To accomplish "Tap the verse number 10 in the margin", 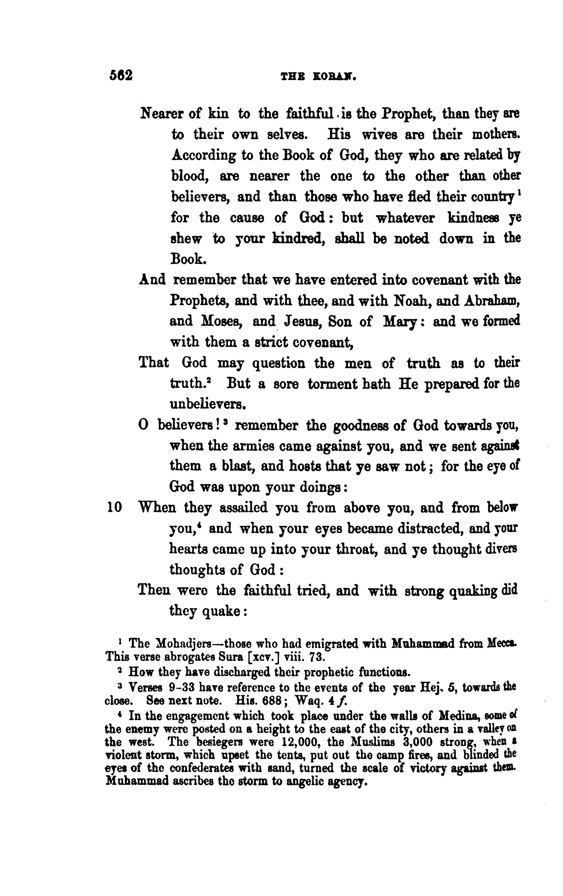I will (x=115, y=508).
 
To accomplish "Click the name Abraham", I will (x=487, y=300).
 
